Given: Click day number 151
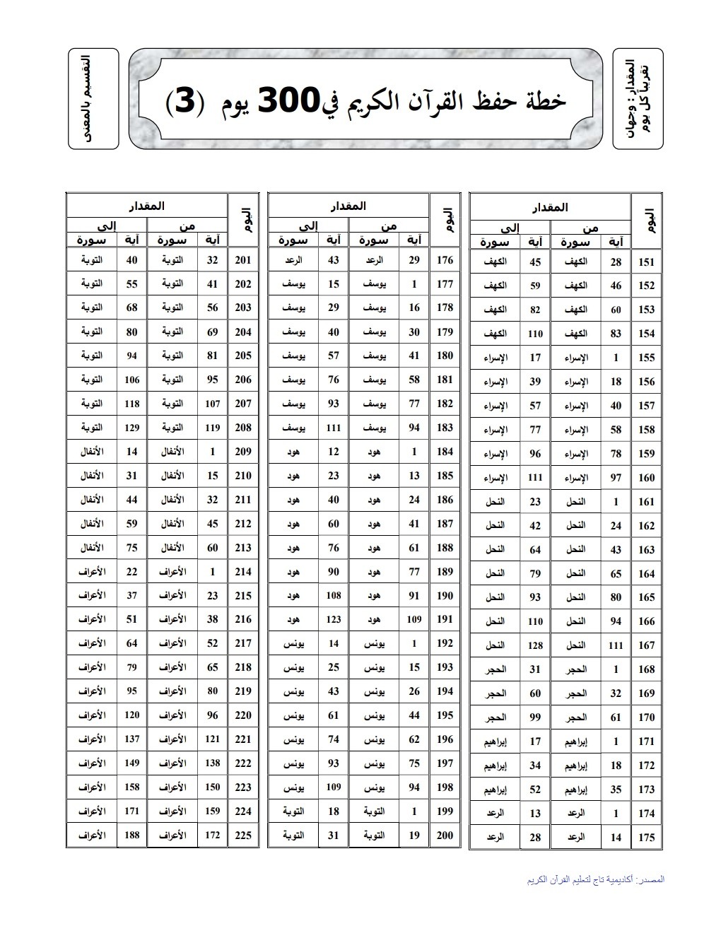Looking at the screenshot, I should pyautogui.click(x=646, y=262).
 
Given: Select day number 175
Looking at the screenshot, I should pyautogui.click(x=646, y=838).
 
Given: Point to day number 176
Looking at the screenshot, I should pyautogui.click(x=445, y=260).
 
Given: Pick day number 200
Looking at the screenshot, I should pyautogui.click(x=445, y=835).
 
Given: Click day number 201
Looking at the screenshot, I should pyautogui.click(x=242, y=260).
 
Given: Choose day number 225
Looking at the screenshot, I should pyautogui.click(x=242, y=835).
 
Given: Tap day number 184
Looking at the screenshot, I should pyautogui.click(x=445, y=452).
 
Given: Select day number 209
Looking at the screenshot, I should pyautogui.click(x=242, y=452).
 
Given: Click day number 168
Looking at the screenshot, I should pyautogui.click(x=646, y=669).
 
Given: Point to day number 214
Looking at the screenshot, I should pyautogui.click(x=242, y=572).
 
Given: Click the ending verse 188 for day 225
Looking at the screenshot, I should pyautogui.click(x=131, y=835).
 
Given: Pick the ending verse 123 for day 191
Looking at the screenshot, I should pyautogui.click(x=333, y=619).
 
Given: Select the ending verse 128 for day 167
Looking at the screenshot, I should pyautogui.click(x=535, y=645).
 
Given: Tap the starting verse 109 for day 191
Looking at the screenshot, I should pyautogui.click(x=414, y=619).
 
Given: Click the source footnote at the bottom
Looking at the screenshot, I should pyautogui.click(x=596, y=879).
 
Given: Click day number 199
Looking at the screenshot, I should pyautogui.click(x=445, y=811).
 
